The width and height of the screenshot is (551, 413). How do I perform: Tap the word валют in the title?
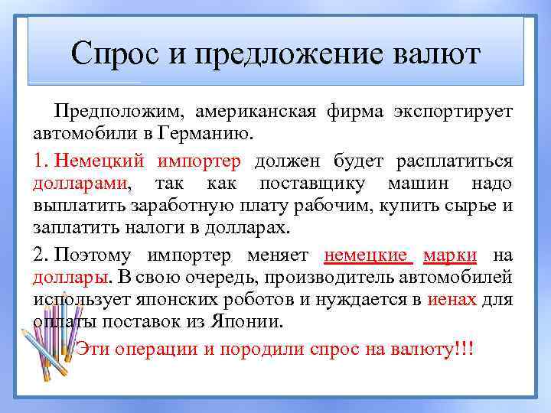tap(439, 54)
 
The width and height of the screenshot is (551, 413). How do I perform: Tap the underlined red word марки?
tap(450, 255)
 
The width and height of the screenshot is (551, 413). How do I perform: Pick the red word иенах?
tap(452, 299)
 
